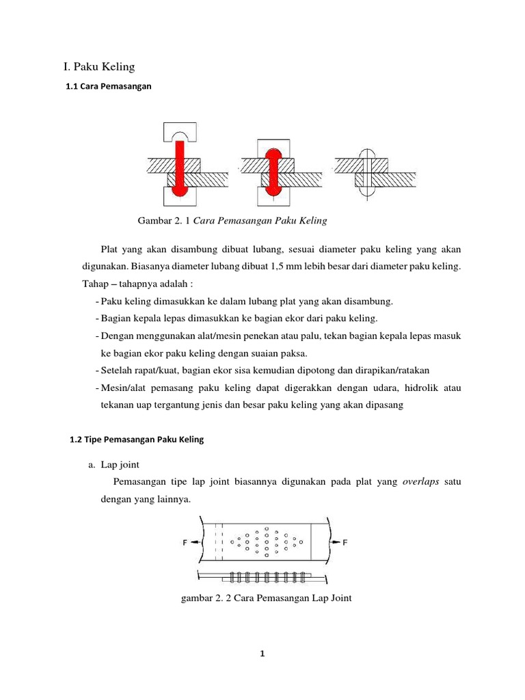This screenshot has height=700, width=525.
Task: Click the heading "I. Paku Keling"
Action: pos(99,66)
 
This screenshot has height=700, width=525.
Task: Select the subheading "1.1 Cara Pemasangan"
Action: pos(107,87)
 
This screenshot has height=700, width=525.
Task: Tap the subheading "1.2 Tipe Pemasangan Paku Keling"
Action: pos(137,440)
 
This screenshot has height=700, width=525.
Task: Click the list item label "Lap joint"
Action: pos(120,465)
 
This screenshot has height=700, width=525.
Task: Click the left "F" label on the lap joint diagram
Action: pos(185,543)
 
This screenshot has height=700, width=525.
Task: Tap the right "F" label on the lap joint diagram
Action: pos(345,543)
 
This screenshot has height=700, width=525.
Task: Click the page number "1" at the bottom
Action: pos(262,654)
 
